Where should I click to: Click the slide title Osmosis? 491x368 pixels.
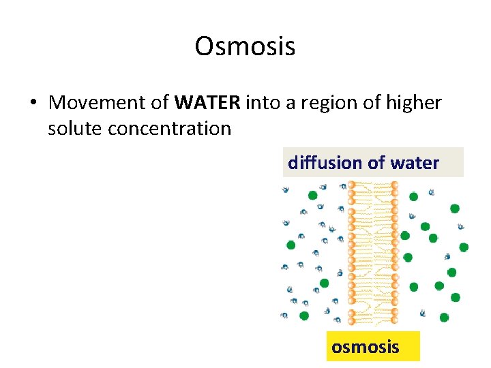pos(245,47)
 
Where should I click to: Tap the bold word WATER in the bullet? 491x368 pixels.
pos(207,103)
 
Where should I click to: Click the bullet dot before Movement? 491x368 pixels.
pos(33,104)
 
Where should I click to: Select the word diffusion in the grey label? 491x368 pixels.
pos(325,163)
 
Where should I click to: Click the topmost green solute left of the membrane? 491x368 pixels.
pos(313,195)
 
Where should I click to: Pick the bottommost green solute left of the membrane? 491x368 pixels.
pos(304,316)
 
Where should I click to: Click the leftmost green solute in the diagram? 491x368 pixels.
pos(291,245)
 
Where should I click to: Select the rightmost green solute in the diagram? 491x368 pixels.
pos(464,247)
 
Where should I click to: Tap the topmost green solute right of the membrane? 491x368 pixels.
pos(413,196)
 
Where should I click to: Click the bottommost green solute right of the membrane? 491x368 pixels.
pos(444,317)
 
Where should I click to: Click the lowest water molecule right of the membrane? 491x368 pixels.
pos(423,313)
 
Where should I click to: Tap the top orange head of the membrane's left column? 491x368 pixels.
pos(352,185)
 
